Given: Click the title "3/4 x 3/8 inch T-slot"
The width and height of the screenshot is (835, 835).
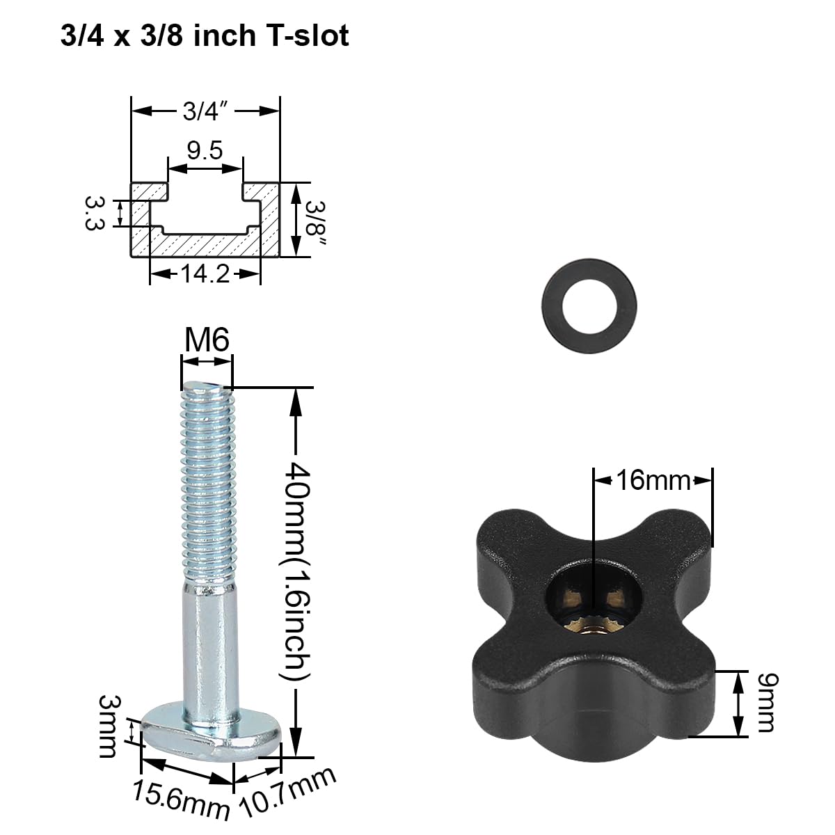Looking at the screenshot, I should [x=205, y=36].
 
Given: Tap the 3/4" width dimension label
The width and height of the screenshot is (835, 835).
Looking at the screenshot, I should [x=206, y=111].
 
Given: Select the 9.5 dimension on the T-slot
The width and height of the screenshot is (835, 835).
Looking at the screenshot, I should [x=205, y=150].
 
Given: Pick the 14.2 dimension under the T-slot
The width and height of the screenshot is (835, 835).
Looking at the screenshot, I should [x=205, y=274].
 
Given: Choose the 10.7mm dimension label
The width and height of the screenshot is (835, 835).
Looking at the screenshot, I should [x=288, y=794].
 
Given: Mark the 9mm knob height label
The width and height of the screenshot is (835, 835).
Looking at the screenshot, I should [x=765, y=703].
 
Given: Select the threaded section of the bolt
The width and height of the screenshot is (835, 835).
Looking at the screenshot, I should [x=207, y=480].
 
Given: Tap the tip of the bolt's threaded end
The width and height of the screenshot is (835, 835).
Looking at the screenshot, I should [x=207, y=387].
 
